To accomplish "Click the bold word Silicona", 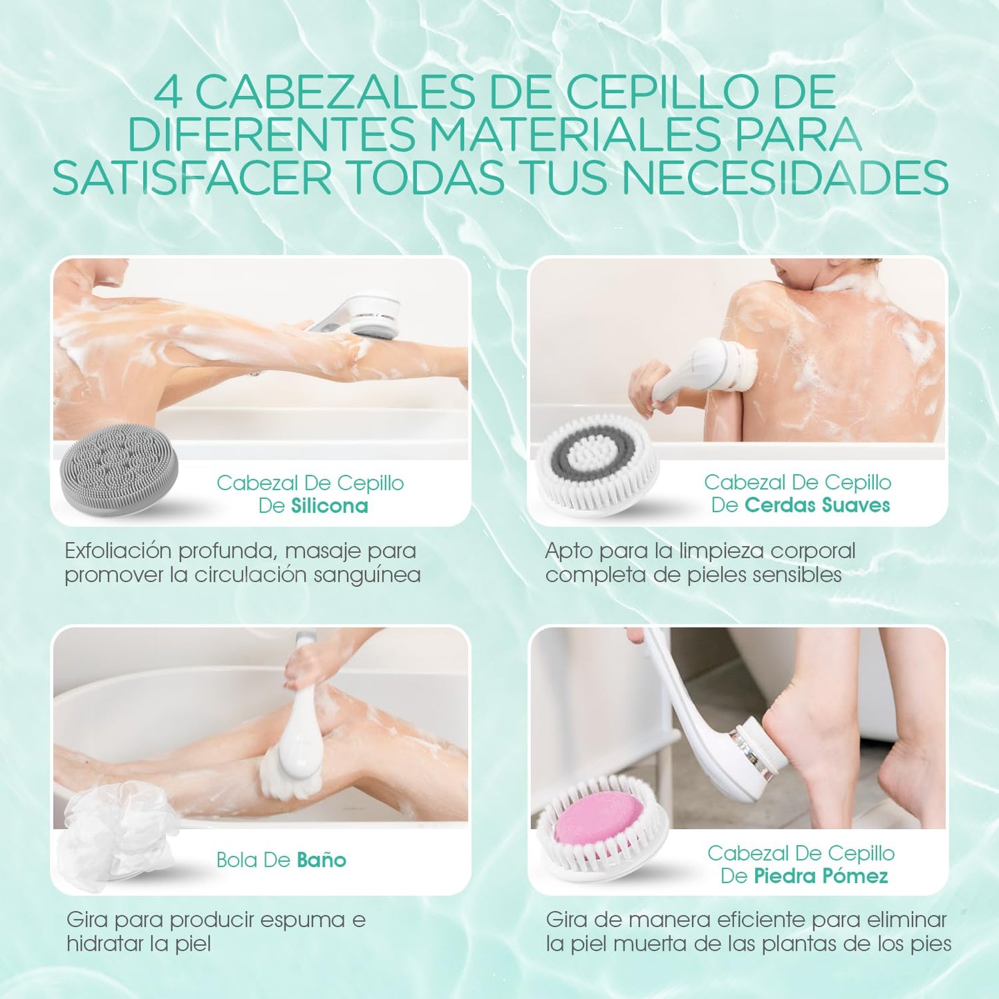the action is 329,505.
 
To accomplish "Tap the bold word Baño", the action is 321,859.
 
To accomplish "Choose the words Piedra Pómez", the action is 821,876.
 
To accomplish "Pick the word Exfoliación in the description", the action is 117,550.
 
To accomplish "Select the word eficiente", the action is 758,920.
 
